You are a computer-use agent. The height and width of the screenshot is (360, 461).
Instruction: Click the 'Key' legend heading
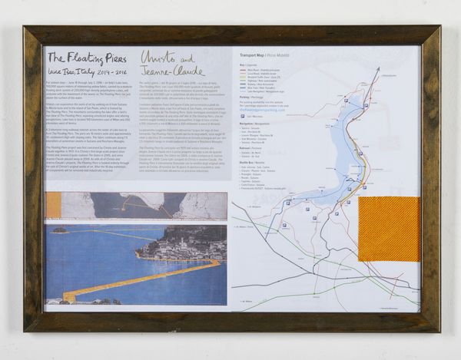(242, 64)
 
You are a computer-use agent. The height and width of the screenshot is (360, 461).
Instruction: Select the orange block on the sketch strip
(54, 206)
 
